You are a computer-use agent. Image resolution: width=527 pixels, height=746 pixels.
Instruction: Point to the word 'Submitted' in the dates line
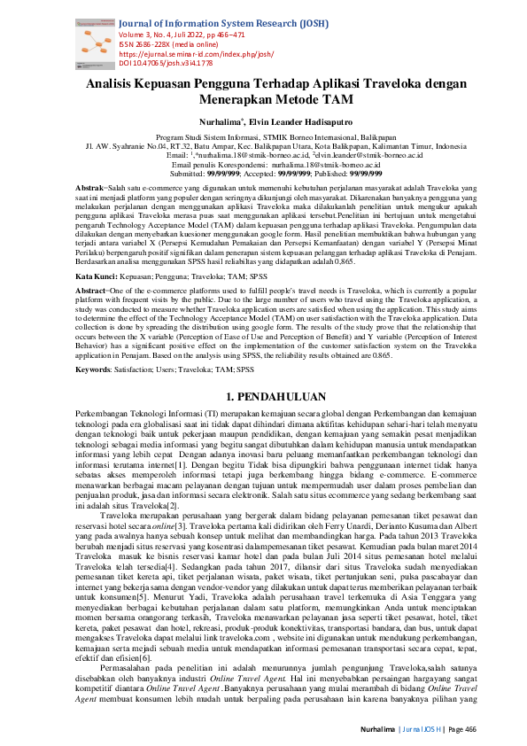pyautogui.click(x=185, y=174)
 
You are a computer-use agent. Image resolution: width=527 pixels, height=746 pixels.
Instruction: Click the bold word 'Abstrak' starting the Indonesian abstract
pyautogui.click(x=90, y=190)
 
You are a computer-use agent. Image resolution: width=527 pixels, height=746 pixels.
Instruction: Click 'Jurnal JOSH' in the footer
pyautogui.click(x=420, y=725)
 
